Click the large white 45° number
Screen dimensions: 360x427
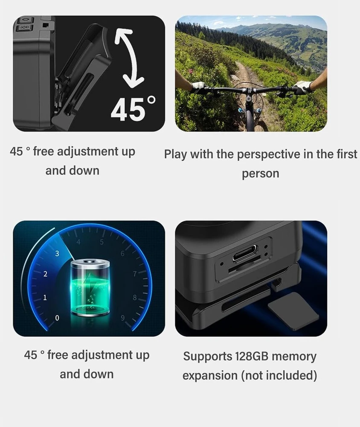[133, 108]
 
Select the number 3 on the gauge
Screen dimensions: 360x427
[57, 254]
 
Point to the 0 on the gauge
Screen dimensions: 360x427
[57, 318]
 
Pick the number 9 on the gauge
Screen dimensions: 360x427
[123, 318]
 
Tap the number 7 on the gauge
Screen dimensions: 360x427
[135, 274]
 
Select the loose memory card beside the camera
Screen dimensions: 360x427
[293, 311]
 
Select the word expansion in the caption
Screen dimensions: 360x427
[210, 376]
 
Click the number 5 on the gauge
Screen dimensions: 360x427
[102, 242]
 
